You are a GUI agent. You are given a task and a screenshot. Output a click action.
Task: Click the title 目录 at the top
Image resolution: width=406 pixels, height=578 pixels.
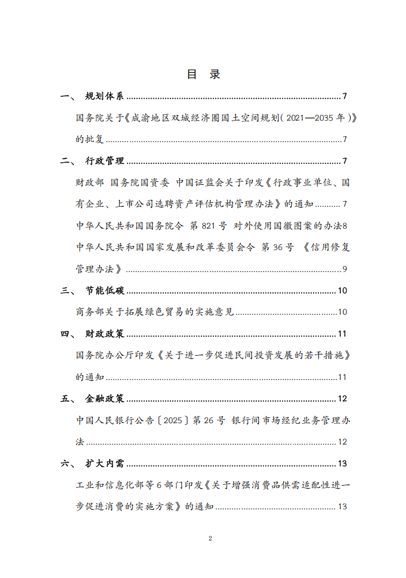pos(203,74)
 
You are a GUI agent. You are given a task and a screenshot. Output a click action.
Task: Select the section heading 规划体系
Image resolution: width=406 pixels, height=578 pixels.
pos(104,96)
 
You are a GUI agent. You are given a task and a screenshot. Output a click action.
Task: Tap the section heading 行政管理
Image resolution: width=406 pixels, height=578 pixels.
pos(104,161)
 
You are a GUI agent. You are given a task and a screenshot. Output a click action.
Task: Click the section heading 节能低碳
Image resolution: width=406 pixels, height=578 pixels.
pos(104,290)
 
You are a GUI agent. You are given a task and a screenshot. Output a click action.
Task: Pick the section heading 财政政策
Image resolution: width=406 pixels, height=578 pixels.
pos(104,334)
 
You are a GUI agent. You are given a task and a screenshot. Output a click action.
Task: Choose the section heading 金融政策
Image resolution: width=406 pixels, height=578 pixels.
pos(104,398)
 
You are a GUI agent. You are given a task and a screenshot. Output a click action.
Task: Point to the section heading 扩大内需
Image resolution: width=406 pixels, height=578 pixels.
pos(104,463)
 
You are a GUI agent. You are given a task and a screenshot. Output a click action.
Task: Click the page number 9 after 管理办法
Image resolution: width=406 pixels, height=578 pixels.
pos(344,269)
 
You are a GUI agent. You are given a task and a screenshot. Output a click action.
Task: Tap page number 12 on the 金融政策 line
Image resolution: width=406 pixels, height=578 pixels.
pos(342,398)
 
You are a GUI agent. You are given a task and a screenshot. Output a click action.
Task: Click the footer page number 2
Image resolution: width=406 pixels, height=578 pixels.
pos(210,538)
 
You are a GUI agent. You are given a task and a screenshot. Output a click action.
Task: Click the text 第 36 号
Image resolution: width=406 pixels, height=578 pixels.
pos(277,247)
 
